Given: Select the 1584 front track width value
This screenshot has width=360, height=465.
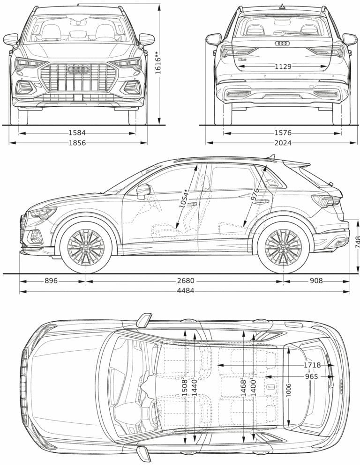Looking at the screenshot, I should pyautogui.click(x=77, y=133).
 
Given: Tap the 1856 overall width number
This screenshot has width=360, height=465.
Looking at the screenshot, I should pyautogui.click(x=77, y=143).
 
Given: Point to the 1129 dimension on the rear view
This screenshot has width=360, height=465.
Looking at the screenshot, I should pyautogui.click(x=283, y=66).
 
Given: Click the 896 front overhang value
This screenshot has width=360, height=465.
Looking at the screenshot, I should pyautogui.click(x=51, y=281).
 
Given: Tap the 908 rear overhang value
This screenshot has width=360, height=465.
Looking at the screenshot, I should pyautogui.click(x=316, y=281).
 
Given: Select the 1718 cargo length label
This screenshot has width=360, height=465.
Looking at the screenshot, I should pyautogui.click(x=312, y=365).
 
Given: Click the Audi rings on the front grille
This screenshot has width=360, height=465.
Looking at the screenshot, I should pyautogui.click(x=78, y=70).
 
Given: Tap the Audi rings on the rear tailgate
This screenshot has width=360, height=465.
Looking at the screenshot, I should pyautogui.click(x=283, y=44).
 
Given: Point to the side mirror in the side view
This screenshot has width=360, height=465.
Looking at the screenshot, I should pyautogui.click(x=142, y=191).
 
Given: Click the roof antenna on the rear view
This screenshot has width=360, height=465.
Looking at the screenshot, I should pyautogui.click(x=282, y=6).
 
